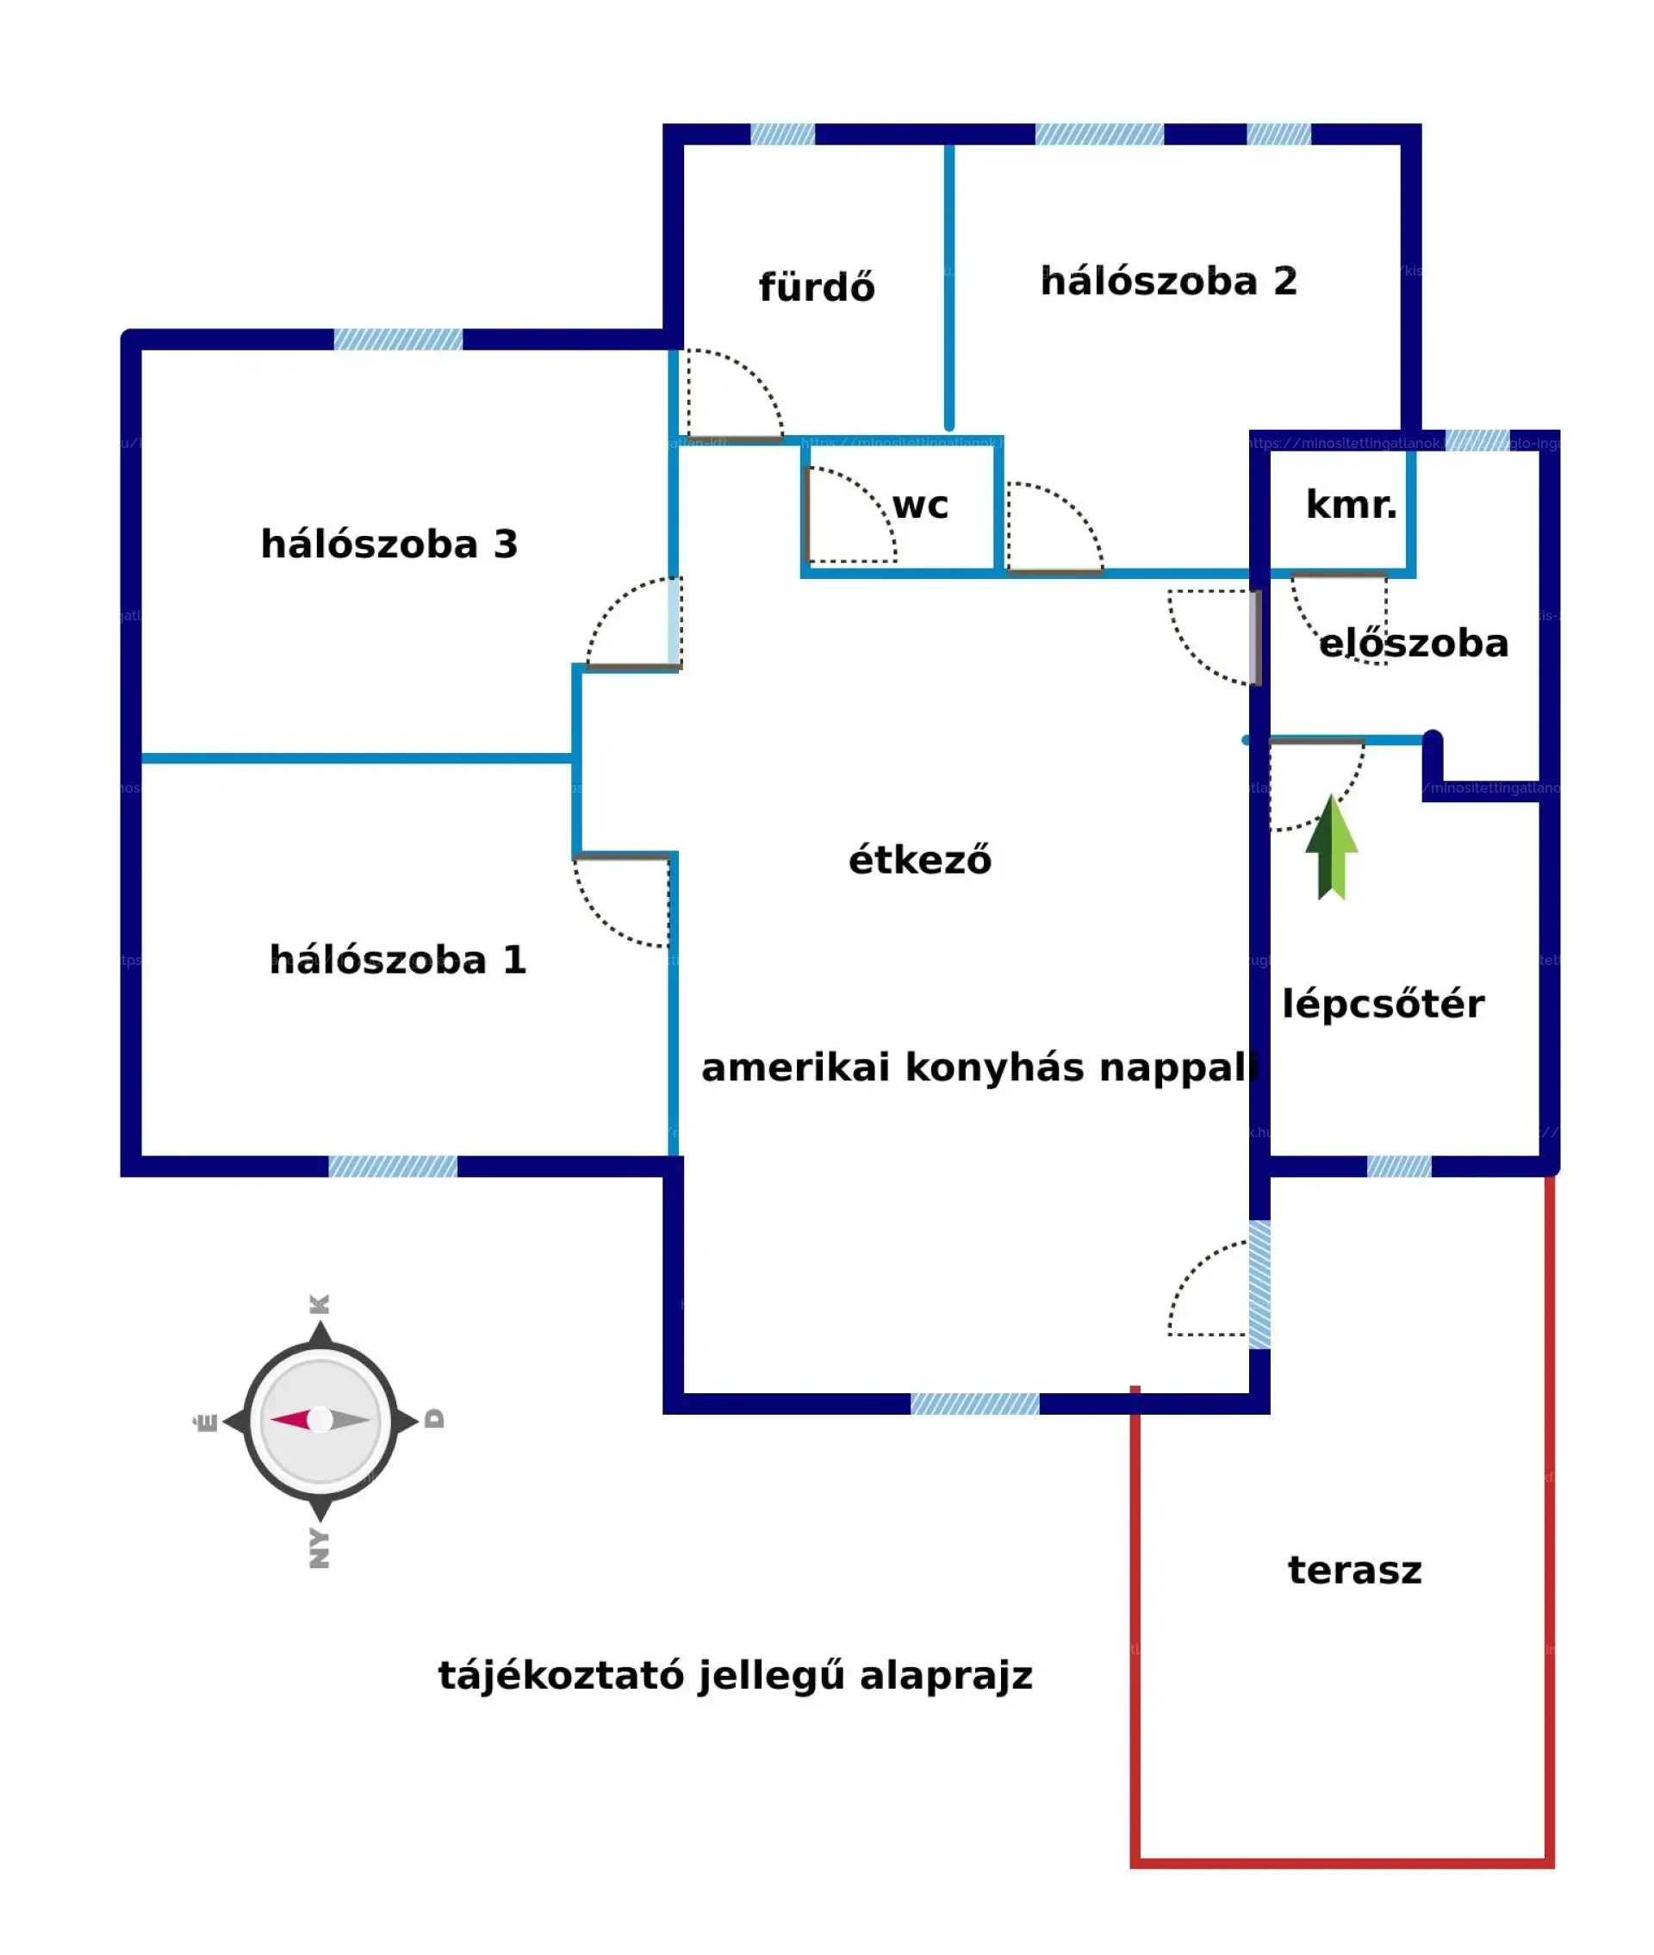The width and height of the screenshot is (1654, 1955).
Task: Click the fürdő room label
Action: [816, 288]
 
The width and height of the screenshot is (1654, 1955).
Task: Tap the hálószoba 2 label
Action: [1168, 281]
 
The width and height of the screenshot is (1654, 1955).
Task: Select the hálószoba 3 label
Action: [389, 545]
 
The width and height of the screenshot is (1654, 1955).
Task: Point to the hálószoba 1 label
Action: [397, 960]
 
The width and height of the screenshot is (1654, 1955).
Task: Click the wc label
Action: [920, 507]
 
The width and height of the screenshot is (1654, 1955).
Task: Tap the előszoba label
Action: [1413, 644]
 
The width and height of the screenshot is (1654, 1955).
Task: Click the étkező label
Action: [919, 860]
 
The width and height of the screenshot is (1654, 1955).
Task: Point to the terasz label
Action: [1354, 1570]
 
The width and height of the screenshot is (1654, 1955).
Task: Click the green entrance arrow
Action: [1330, 848]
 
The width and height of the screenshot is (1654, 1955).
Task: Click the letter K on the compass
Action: [320, 1304]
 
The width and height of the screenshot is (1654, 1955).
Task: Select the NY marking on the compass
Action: [320, 1547]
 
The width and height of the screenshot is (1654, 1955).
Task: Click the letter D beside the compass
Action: [434, 1419]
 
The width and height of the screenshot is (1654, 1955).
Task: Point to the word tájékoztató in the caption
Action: [561, 1676]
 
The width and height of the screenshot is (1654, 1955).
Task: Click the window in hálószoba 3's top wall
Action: [397, 339]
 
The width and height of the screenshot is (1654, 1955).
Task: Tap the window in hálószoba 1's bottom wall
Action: [392, 1167]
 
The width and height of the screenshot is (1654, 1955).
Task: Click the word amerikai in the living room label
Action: [794, 1068]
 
